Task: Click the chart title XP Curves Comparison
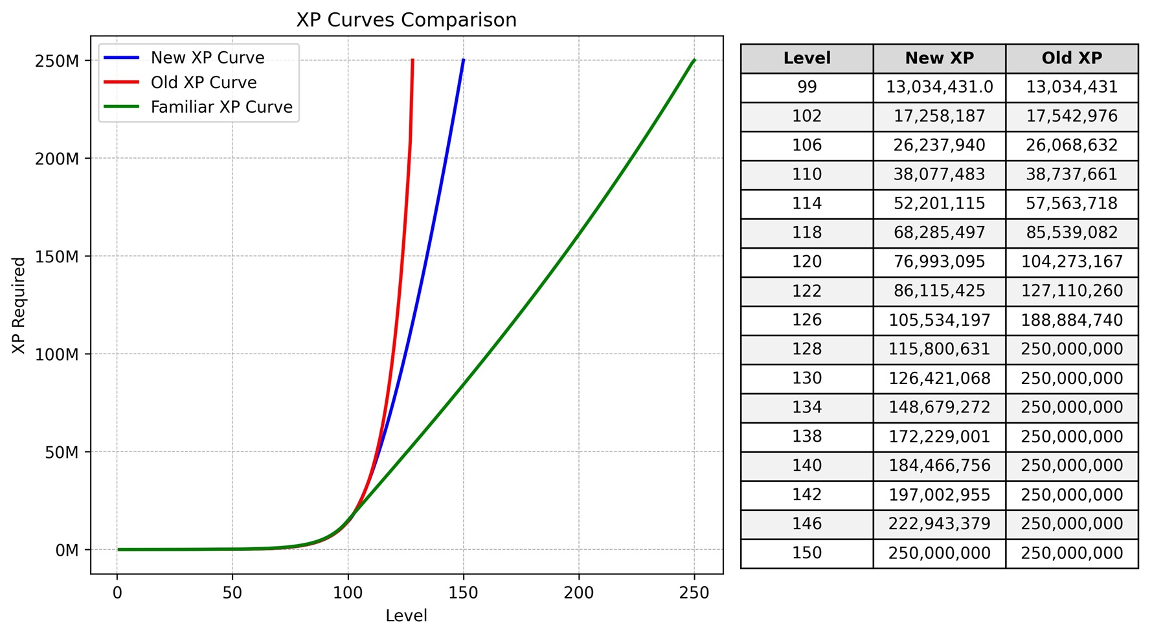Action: tap(406, 20)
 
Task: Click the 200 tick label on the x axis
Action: tap(578, 593)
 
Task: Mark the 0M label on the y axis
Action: tap(67, 551)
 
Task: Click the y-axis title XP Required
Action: tap(19, 306)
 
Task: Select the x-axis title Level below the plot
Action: tap(406, 616)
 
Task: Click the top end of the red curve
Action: tap(412, 61)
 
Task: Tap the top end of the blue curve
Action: tap(463, 61)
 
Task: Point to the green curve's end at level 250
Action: tap(694, 61)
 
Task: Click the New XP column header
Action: tap(939, 58)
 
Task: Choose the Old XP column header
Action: tap(1072, 58)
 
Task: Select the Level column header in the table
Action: tap(807, 58)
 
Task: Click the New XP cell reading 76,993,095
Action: tap(939, 262)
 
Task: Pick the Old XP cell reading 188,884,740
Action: tap(1072, 320)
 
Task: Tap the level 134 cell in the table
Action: tap(807, 407)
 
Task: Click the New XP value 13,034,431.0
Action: tap(939, 87)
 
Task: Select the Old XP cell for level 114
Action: tap(1072, 203)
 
